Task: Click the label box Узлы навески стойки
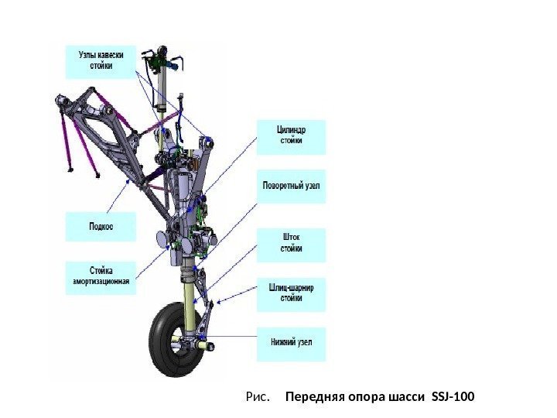[x=100, y=61]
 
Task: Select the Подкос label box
[x=101, y=227]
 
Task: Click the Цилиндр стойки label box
[x=292, y=136]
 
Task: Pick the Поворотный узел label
[x=291, y=187]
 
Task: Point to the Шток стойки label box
[x=291, y=244]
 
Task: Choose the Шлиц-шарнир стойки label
[x=291, y=293]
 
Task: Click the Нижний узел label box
[x=291, y=343]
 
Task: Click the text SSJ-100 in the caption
[x=453, y=398]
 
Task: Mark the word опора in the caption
[x=361, y=398]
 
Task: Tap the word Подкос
[x=101, y=227]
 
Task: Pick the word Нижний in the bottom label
[x=281, y=343]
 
